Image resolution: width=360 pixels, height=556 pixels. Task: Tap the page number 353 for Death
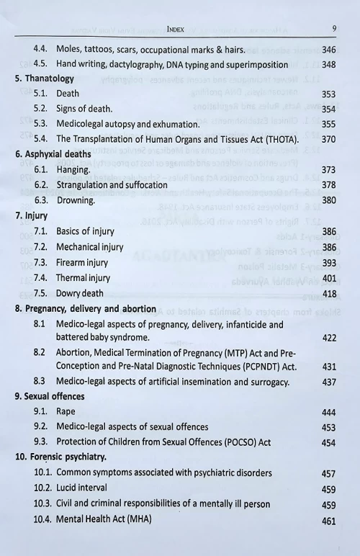(328, 94)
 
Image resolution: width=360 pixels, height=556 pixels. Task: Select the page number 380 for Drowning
(328, 200)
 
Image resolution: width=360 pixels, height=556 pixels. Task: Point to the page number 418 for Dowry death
(328, 294)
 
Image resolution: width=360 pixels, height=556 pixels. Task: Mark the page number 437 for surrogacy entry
(328, 382)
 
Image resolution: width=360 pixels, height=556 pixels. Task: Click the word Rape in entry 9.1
(66, 412)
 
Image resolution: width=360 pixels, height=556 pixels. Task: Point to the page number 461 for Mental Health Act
(328, 521)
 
